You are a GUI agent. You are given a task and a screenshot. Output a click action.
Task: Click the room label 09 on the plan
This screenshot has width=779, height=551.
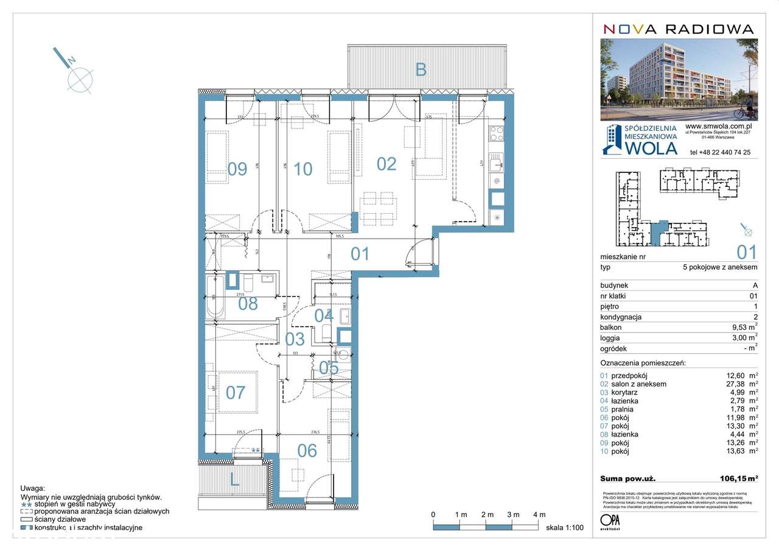pos(237,169)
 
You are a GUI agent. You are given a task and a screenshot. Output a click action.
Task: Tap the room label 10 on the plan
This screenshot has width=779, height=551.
pos(302,169)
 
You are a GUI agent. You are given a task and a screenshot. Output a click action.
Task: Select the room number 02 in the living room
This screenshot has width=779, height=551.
pos(386,164)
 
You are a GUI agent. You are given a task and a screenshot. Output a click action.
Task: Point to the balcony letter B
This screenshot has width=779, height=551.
pos(421,70)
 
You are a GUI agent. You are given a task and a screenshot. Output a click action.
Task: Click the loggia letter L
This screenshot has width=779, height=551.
pos(234,480)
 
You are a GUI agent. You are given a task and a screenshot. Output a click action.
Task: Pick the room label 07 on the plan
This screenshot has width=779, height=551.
pos(236,392)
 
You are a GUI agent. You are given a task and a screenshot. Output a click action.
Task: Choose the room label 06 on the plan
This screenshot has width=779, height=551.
pos(307,451)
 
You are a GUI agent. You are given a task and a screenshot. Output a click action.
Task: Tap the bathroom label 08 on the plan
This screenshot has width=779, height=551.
pos(248,303)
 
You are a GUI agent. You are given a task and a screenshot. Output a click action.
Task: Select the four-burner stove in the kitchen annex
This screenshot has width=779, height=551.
pos(497,133)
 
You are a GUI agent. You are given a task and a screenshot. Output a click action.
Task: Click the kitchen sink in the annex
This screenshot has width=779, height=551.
pos(497,161)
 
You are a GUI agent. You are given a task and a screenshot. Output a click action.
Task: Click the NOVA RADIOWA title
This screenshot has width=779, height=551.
pos(678,29)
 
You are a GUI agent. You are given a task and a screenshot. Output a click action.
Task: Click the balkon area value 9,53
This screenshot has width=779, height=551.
pos(736,327)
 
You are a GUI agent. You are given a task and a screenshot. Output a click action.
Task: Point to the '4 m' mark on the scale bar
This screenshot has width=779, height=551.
pos(539,514)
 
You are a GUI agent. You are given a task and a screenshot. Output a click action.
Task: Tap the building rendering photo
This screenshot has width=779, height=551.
pos(679,79)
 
